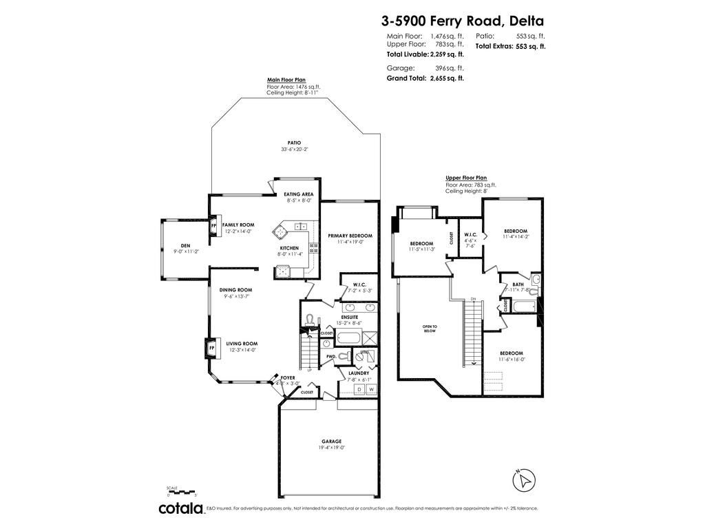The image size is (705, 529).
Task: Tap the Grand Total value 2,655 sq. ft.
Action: pos(447,79)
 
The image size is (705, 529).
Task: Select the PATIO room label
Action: pos(295,143)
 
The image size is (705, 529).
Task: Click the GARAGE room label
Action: pos(331,442)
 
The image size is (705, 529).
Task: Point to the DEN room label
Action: pos(185,245)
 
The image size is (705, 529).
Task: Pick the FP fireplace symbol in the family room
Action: pos(213,225)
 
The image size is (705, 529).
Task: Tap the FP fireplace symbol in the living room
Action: pos(211,349)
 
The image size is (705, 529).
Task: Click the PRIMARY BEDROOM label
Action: pos(350,235)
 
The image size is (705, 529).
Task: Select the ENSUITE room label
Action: pos(349,317)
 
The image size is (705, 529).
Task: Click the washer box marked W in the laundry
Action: pos(371,390)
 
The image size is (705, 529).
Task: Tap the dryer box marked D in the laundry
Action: pos(359,390)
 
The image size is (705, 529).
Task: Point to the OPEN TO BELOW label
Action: pos(430,328)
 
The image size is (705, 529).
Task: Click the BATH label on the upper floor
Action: pos(518,284)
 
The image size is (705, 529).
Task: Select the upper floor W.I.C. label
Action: pos(471,234)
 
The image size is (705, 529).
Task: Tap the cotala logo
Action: pos(182,508)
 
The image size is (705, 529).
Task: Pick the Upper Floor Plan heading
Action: pos(466,178)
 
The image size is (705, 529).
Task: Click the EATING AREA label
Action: pos(299,194)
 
